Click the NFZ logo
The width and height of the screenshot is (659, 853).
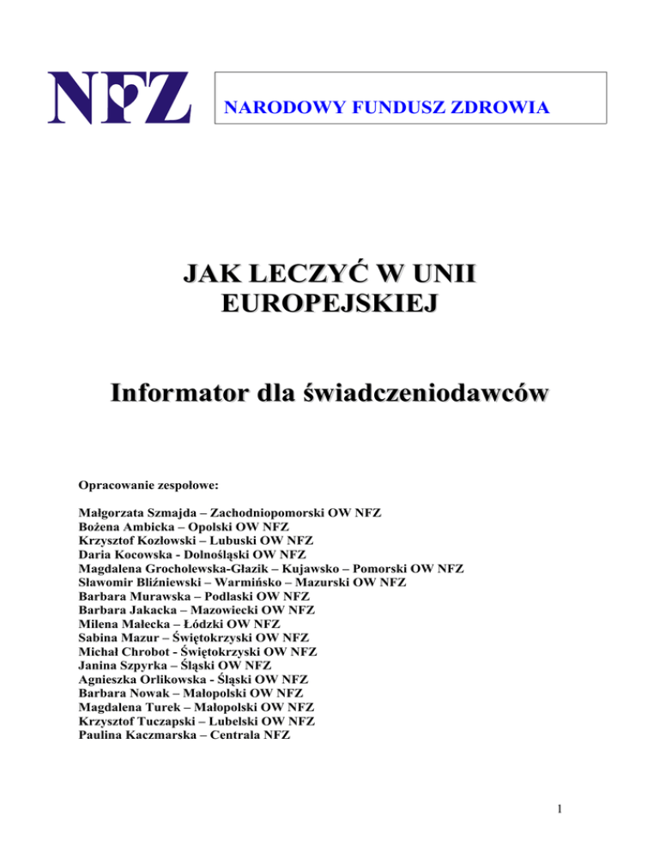tap(119, 99)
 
